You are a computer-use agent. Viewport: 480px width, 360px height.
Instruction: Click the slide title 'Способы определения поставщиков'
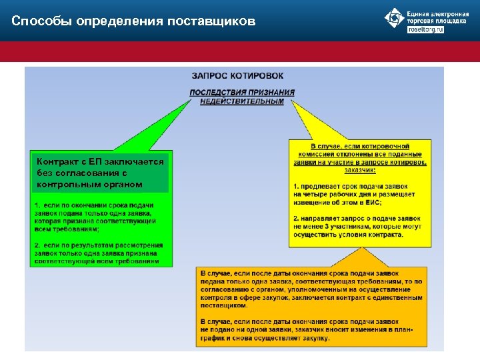coord(133,21)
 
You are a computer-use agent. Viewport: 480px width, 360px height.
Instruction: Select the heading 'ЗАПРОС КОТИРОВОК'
coord(237,76)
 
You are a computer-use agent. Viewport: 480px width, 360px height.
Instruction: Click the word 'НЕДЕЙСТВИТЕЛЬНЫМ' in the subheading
coord(242,101)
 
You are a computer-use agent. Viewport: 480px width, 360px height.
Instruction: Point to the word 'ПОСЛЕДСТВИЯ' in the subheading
coord(218,93)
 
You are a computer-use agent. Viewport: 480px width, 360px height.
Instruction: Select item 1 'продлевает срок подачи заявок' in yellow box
coord(353,185)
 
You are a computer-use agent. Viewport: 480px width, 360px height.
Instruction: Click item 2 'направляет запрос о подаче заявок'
coord(358,218)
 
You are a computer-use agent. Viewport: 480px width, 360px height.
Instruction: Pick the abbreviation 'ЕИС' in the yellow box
coord(371,202)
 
